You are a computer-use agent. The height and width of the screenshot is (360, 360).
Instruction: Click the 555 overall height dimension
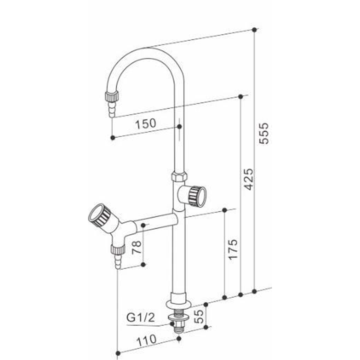pyautogui.click(x=264, y=133)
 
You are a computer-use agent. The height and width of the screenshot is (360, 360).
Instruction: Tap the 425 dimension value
pyautogui.click(x=248, y=179)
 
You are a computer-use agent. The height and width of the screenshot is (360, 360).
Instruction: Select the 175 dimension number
pyautogui.click(x=233, y=250)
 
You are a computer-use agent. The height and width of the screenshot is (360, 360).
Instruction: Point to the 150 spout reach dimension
pyautogui.click(x=146, y=124)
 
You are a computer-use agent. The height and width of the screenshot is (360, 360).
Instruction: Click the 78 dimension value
pyautogui.click(x=136, y=247)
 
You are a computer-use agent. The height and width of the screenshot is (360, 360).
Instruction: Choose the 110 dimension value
pyautogui.click(x=146, y=340)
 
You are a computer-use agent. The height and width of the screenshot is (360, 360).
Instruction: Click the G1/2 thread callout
pyautogui.click(x=141, y=318)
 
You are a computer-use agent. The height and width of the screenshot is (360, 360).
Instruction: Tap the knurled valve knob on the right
pyautogui.click(x=197, y=196)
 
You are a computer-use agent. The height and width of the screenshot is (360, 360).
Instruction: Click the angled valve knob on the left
pyautogui.click(x=100, y=214)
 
